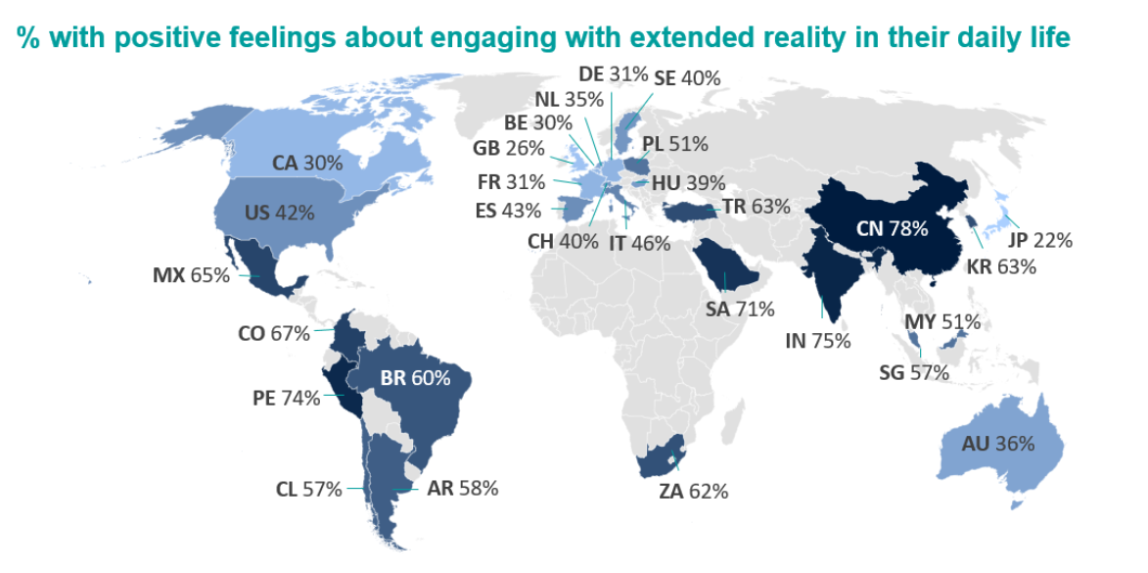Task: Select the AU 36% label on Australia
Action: tap(998, 443)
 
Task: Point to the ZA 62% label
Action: tap(694, 492)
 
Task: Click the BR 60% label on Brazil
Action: tap(415, 377)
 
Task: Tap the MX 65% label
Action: tap(191, 275)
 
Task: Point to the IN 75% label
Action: tap(817, 341)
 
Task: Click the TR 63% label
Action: tap(757, 207)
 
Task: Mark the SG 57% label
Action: tap(914, 372)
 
